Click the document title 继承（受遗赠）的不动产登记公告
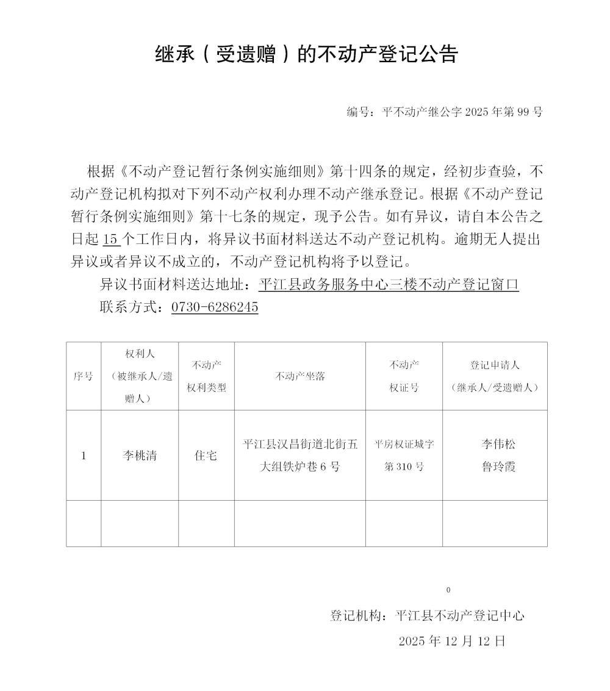pos(306,55)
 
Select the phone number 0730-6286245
pos(215,307)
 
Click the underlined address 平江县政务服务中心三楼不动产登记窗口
pos(389,284)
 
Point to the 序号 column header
pos(84,376)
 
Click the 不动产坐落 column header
pos(300,376)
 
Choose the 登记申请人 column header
pos(495,365)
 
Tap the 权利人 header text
pos(140,354)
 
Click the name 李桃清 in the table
pos(140,456)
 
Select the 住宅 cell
pos(206,456)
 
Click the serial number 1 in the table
pos(84,456)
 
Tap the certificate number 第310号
pos(404,467)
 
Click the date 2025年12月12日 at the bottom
pos(452,641)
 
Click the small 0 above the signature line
pos(448,590)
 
